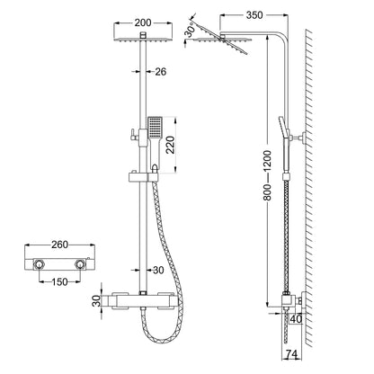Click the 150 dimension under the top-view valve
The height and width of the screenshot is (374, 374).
tap(58, 284)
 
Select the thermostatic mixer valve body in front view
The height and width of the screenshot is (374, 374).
tap(143, 301)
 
